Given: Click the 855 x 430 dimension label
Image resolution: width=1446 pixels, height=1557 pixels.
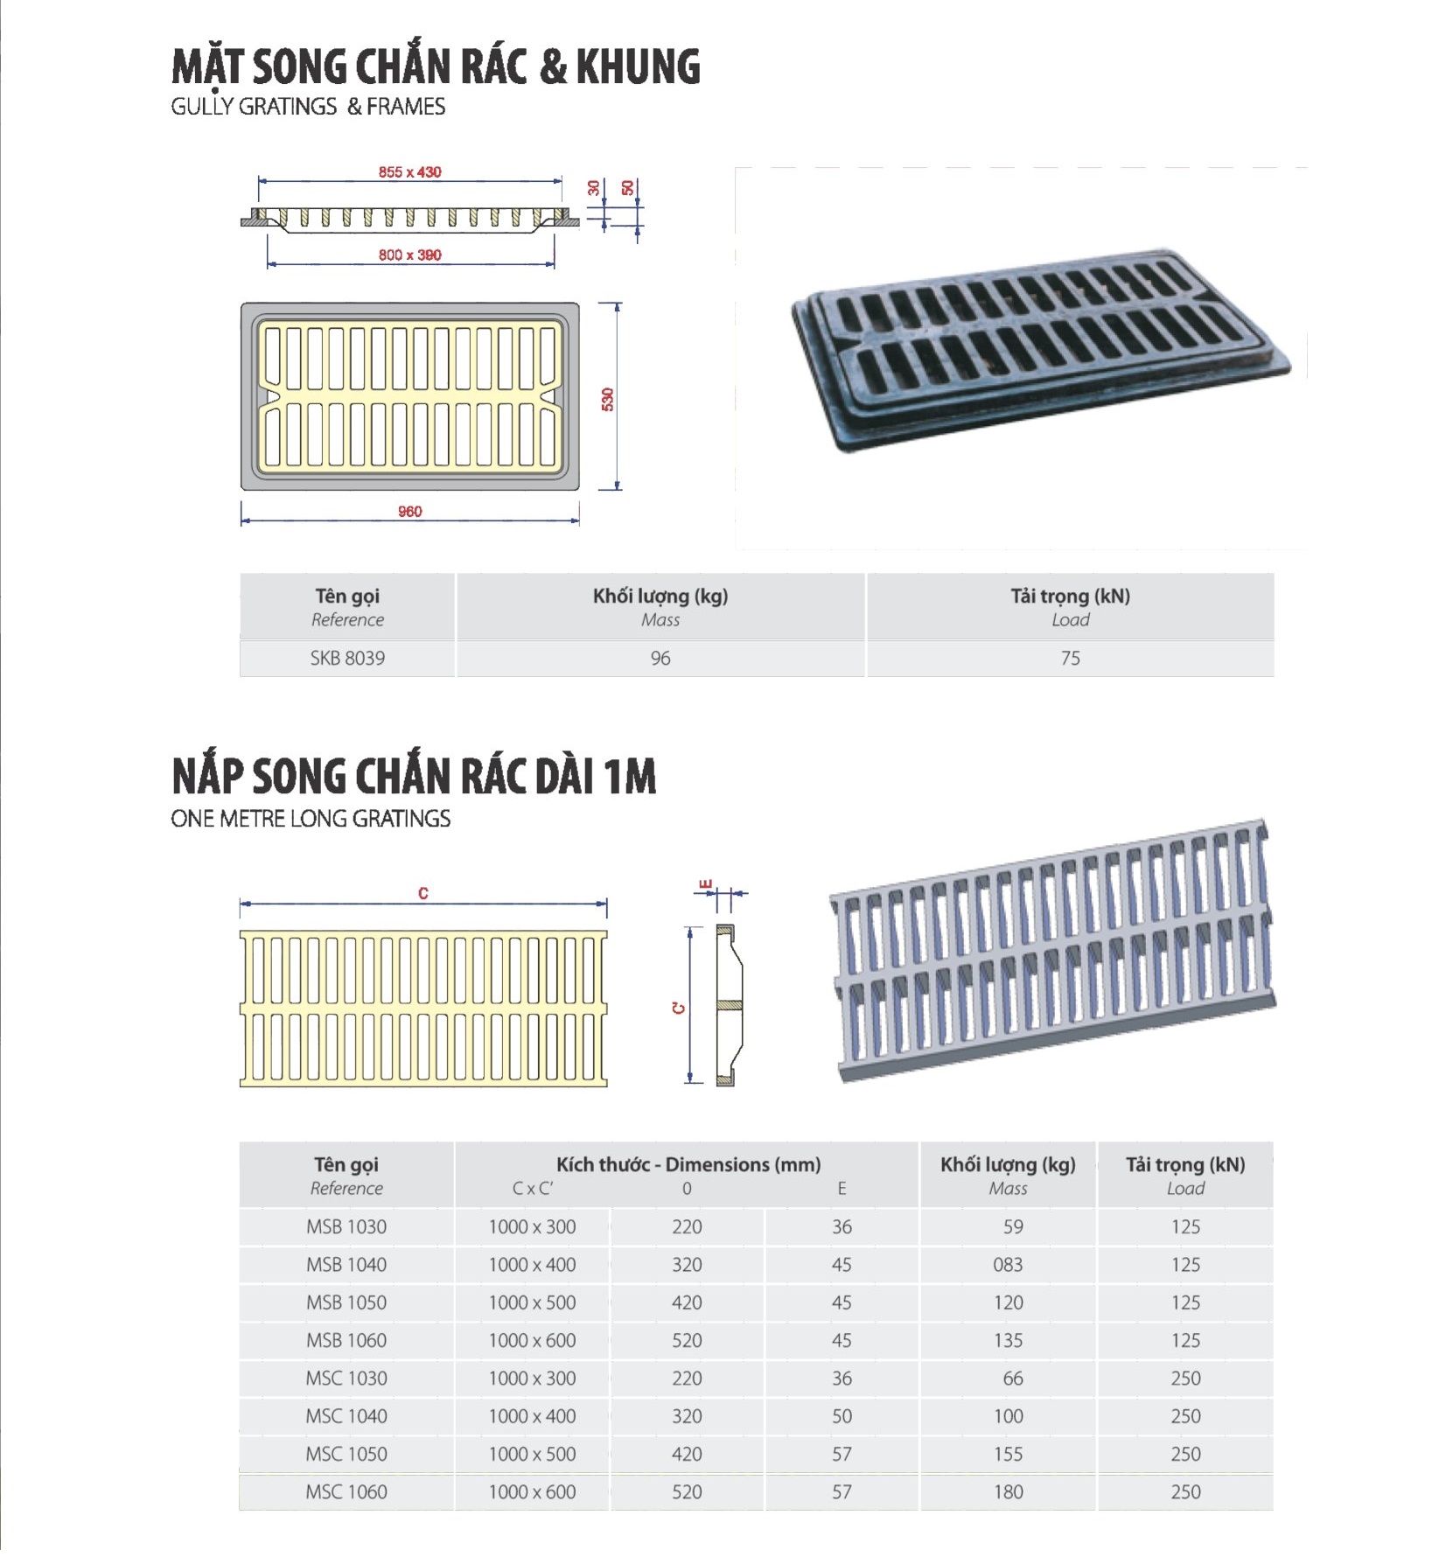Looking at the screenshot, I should point(409,172).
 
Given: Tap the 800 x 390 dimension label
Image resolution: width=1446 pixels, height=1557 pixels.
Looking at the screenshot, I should point(409,255).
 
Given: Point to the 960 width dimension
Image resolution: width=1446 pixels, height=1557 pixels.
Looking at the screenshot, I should point(409,512).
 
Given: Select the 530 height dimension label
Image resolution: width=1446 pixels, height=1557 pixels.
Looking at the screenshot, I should point(607,399).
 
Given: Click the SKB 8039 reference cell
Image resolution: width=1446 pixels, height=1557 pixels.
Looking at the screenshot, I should point(347,658).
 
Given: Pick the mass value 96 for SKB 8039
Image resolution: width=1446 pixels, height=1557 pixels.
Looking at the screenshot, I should point(660,658).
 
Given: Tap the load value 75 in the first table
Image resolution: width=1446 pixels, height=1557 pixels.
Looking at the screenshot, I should point(1070,658).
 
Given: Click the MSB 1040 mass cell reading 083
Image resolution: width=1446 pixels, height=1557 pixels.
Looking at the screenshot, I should point(1008,1264).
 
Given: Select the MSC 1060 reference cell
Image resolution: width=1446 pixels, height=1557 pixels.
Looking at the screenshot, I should point(346,1491).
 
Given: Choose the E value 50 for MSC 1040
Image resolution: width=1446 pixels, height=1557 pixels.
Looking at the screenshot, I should point(842,1415).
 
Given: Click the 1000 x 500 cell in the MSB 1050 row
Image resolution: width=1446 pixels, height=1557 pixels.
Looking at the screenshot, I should point(532,1302).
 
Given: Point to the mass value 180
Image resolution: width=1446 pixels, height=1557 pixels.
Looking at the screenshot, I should point(1008,1491).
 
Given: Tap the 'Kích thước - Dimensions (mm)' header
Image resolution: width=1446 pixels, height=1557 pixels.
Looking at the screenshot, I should point(688,1164).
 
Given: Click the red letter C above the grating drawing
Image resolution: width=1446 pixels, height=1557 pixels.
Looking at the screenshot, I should point(423,893).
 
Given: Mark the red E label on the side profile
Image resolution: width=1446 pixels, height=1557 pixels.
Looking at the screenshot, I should point(707,885).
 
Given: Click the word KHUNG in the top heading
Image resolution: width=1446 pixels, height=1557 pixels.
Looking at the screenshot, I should point(639,67).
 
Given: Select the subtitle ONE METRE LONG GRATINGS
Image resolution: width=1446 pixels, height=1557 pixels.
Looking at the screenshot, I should point(311,819).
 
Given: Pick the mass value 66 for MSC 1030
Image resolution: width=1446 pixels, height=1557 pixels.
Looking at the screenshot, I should point(1012,1378).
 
